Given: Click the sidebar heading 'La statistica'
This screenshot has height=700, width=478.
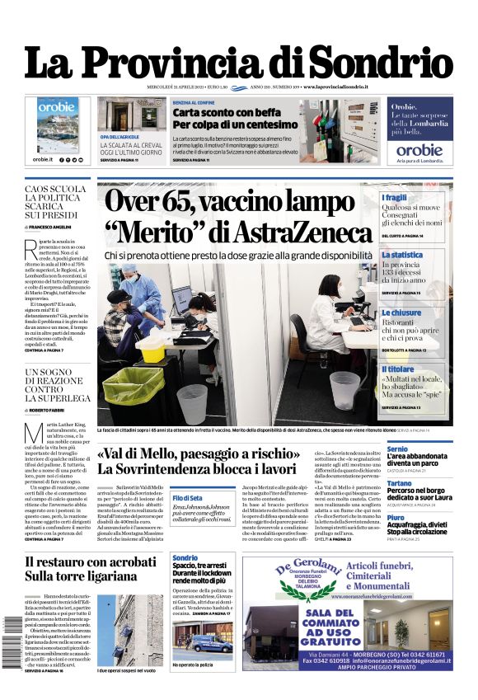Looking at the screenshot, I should pos(402,256).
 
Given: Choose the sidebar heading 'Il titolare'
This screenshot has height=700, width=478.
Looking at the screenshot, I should pos(398,369).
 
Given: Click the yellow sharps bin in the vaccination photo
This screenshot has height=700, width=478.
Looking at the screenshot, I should pos(151,348).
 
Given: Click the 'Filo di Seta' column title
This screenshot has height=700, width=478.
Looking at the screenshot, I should pos(188,498).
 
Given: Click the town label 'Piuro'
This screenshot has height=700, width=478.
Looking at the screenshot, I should pos(396,518).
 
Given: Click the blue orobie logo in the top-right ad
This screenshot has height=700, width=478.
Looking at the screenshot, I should pos(419,150).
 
